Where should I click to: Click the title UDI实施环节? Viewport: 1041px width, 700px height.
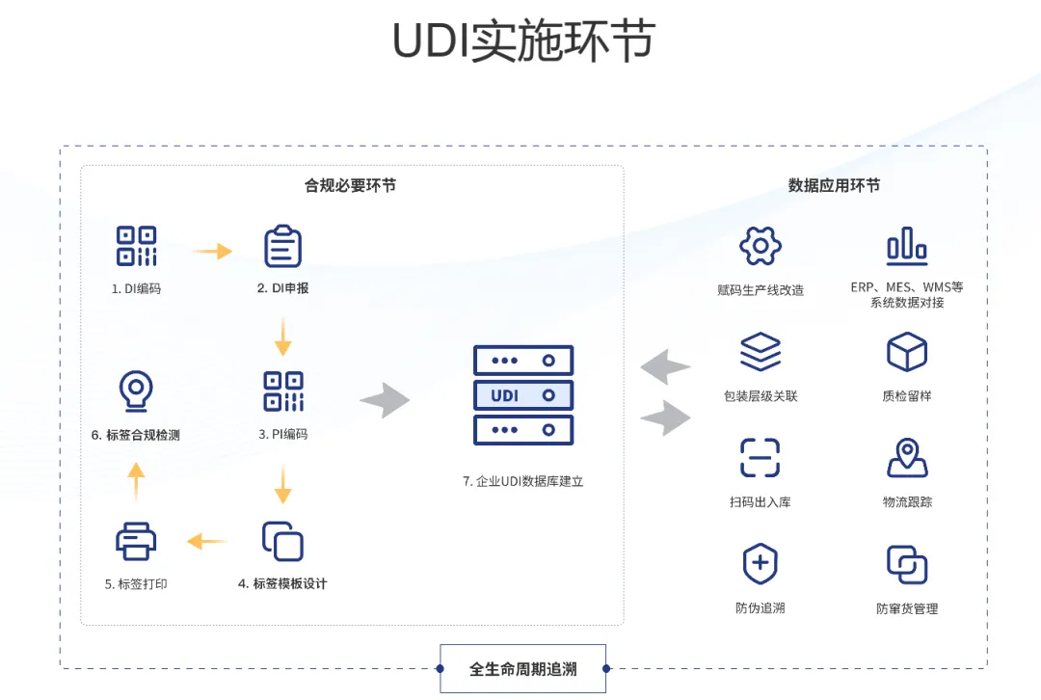click(x=523, y=41)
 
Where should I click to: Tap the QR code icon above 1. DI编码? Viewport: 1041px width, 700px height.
click(x=136, y=246)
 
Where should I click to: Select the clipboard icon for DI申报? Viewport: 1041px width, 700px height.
click(x=283, y=246)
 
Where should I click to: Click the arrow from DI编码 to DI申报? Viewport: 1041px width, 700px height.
click(x=212, y=252)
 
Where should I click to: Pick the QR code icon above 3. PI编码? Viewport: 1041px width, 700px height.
click(x=283, y=391)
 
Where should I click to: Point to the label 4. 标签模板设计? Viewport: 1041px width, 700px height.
click(x=282, y=583)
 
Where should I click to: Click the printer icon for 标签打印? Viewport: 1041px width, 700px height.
click(x=136, y=541)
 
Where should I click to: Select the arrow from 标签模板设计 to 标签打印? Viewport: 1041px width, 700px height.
click(x=206, y=542)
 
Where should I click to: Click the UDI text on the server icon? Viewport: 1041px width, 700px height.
click(x=505, y=395)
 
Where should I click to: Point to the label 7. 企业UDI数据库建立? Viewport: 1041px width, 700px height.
click(x=522, y=481)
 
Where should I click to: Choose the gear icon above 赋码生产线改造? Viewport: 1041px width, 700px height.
click(x=760, y=246)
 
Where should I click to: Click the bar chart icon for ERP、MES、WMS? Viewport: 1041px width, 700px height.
click(x=907, y=246)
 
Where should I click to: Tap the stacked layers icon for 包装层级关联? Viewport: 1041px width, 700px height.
click(x=760, y=352)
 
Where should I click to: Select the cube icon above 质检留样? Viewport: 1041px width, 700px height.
click(x=907, y=352)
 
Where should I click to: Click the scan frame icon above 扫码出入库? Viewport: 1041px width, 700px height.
click(x=760, y=458)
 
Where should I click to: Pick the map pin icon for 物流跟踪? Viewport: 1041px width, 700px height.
click(x=907, y=458)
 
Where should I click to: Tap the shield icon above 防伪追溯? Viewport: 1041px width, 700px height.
click(x=760, y=564)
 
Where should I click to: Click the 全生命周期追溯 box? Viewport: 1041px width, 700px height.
click(x=523, y=669)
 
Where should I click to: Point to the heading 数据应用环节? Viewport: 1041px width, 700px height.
click(x=834, y=185)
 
